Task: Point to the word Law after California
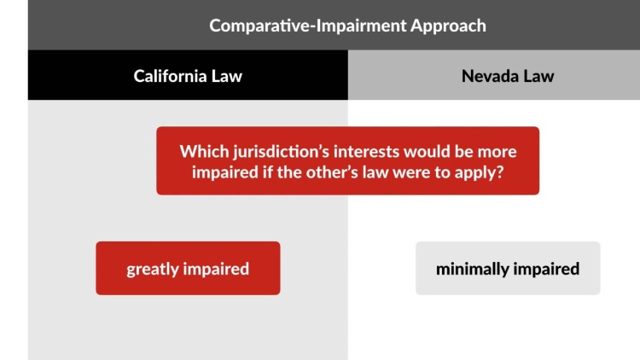coord(226,76)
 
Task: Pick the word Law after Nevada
coord(538,76)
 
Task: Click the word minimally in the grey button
coord(472,269)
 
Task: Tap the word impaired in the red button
coord(218,269)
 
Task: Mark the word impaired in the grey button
coord(547,269)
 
